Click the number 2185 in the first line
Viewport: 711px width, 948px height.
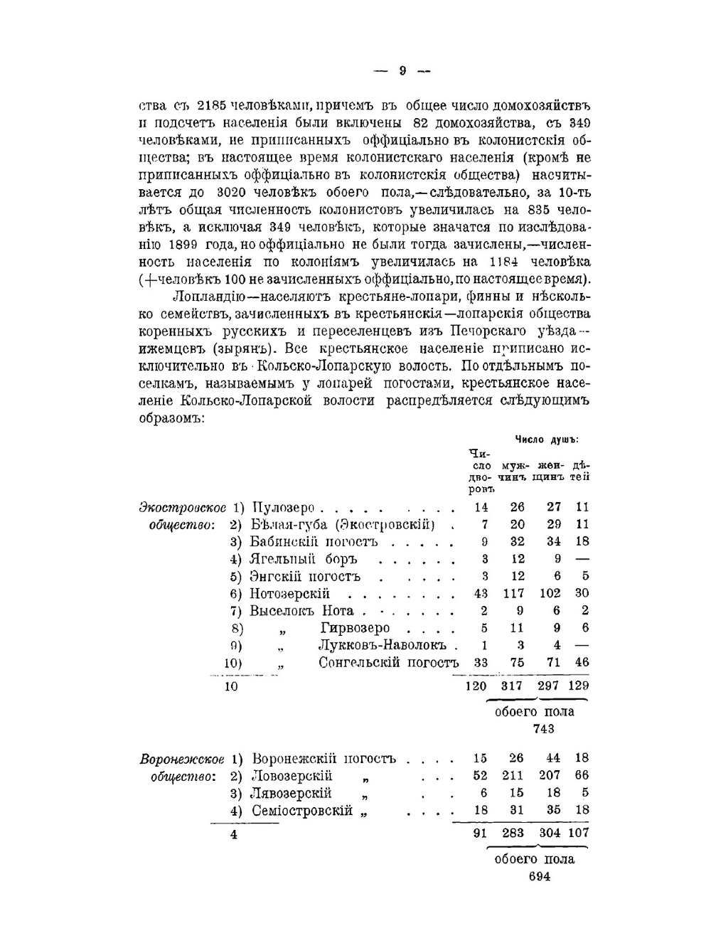point(211,106)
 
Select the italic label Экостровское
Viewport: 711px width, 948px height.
point(183,508)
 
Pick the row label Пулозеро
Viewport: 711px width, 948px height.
point(283,508)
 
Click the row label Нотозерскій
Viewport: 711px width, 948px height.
point(289,594)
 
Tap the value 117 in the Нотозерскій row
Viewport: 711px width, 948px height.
point(513,594)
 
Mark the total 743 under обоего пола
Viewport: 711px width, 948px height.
point(543,729)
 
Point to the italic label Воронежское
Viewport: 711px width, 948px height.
point(183,758)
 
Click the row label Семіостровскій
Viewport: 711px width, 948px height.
point(302,810)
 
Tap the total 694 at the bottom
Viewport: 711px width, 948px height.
point(540,876)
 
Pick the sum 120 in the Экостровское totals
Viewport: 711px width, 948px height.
point(476,686)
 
